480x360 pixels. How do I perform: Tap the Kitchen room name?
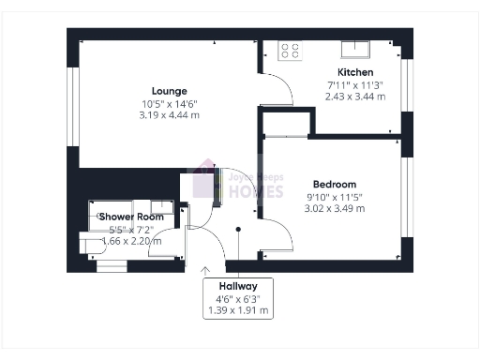355,72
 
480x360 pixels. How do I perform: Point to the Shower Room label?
131,217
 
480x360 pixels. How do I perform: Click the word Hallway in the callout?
238,285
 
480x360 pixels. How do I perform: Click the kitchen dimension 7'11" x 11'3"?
355,84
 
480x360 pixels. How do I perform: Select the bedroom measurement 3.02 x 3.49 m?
335,208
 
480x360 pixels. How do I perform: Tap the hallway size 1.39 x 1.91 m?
238,309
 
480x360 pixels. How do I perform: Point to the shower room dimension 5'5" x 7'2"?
131,229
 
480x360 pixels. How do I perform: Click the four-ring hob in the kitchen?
290,51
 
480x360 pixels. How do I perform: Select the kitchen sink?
356,49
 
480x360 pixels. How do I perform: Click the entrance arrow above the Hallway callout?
205,270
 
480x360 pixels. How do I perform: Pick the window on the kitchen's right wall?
406,84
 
